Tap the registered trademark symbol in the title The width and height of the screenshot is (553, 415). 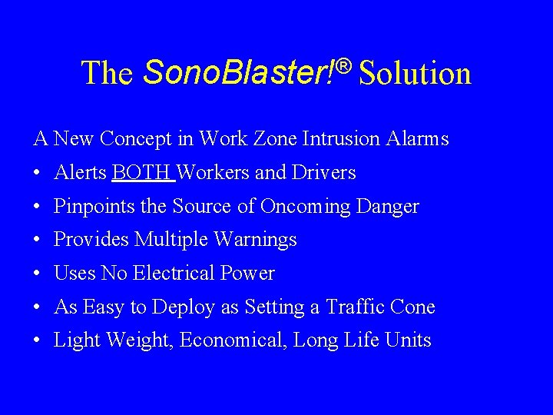tap(343, 67)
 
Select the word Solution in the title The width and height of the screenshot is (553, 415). tap(415, 74)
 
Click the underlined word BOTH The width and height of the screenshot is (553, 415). tap(142, 173)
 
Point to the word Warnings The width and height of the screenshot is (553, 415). tap(256, 240)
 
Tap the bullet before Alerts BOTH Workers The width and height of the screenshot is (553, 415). tap(38, 174)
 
